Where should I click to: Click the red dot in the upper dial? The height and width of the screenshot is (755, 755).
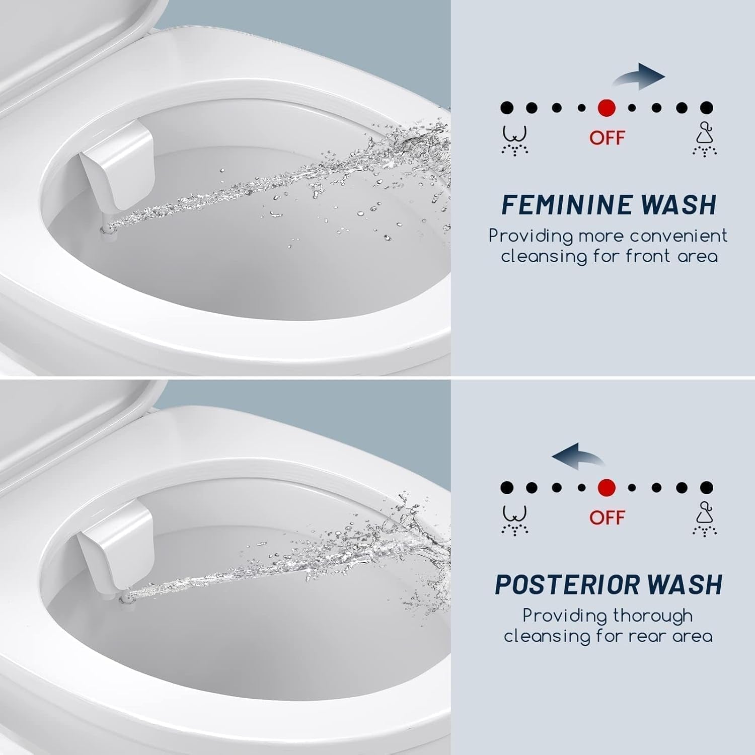click(x=607, y=107)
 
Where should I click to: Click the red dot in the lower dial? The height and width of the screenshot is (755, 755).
click(x=607, y=487)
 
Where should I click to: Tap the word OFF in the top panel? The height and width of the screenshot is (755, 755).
click(x=607, y=137)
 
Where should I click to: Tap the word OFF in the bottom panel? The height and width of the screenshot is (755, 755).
click(x=607, y=517)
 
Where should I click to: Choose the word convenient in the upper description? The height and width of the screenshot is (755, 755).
click(x=678, y=236)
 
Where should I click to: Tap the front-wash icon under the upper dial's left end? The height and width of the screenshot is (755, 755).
click(x=514, y=140)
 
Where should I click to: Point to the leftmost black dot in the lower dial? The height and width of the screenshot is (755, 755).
click(x=507, y=487)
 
